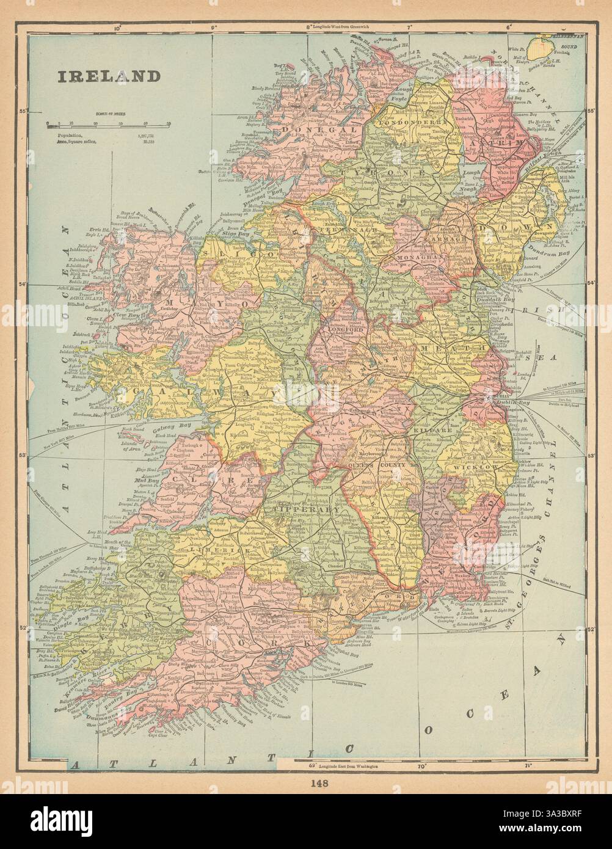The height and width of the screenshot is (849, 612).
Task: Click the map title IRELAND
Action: pyautogui.click(x=108, y=76)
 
